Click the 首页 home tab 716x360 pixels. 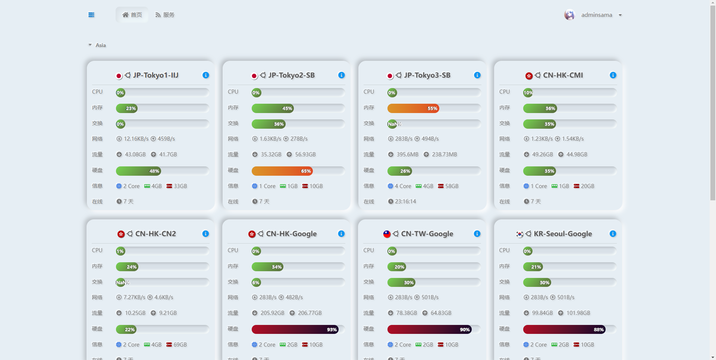(x=132, y=15)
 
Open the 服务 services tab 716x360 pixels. (x=165, y=15)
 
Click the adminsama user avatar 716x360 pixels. (x=569, y=15)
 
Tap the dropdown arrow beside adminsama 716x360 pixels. (x=620, y=15)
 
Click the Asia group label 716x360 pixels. (x=101, y=45)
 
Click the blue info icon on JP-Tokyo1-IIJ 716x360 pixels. (x=205, y=75)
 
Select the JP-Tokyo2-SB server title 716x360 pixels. (x=291, y=75)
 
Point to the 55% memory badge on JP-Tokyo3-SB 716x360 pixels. (x=432, y=109)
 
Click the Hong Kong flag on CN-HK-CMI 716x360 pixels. (x=529, y=76)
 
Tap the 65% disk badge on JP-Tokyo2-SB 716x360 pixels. (x=306, y=171)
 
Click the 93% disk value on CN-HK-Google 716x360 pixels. (x=332, y=330)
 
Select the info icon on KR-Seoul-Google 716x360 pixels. (x=613, y=234)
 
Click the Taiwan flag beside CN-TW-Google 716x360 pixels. (x=387, y=234)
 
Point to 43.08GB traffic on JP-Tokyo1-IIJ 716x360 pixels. (x=135, y=154)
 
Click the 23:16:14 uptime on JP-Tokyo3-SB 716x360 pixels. (x=405, y=201)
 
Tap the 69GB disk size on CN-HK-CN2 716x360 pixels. (x=180, y=345)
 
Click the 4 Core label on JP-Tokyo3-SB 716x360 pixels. (x=403, y=186)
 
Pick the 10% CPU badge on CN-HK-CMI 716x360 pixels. (x=528, y=93)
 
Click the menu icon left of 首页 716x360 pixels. (x=91, y=15)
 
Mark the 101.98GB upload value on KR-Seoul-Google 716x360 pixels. (x=578, y=313)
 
